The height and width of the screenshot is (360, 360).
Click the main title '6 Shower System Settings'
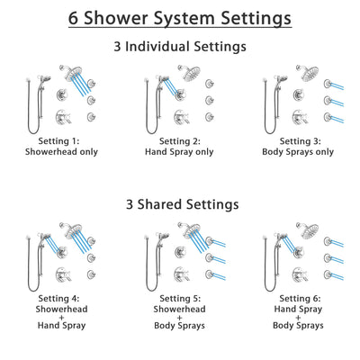coord(180,17)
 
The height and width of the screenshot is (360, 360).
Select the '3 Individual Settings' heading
coord(180,47)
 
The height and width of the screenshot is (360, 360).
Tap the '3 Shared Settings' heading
coord(180,204)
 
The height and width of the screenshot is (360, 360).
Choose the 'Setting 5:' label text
coord(181,298)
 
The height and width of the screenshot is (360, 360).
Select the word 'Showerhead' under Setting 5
coord(181,310)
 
